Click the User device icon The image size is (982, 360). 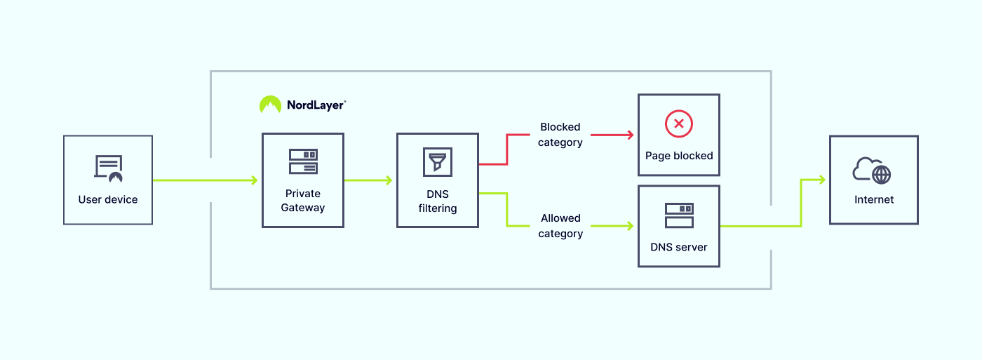tap(108, 168)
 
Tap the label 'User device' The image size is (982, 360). tap(108, 200)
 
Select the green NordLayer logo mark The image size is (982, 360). tap(270, 105)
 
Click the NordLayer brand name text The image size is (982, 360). tap(316, 105)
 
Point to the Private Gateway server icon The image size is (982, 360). tap(303, 161)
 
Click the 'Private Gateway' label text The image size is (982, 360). tap(303, 200)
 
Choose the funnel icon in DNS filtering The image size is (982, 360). tap(438, 161)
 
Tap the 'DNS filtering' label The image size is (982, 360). tap(438, 201)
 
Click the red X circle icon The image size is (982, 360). tap(678, 124)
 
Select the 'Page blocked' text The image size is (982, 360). tap(679, 156)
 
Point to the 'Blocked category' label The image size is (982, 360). tap(560, 135)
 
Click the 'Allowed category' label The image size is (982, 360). tap(560, 226)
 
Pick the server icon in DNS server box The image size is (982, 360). tap(679, 215)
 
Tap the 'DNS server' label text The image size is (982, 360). tap(679, 247)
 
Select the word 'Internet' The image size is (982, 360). tap(874, 200)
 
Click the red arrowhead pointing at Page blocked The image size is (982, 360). tap(630, 134)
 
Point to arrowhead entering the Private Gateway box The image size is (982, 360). tap(254, 180)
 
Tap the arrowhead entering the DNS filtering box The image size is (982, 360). tap(389, 180)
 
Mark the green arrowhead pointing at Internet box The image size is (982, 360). tap(821, 180)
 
